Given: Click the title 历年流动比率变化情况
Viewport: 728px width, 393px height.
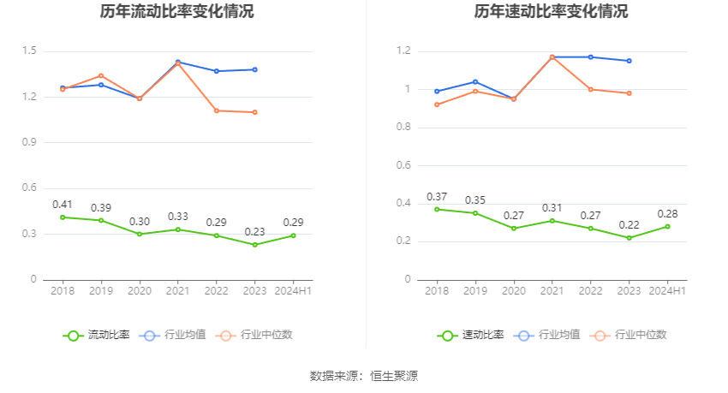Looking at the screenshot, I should pyautogui.click(x=176, y=12).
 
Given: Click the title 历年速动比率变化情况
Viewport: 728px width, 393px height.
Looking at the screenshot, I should pyautogui.click(x=551, y=12).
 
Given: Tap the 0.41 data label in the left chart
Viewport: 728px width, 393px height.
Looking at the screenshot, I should pyautogui.click(x=63, y=205).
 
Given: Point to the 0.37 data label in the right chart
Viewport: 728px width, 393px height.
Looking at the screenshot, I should pyautogui.click(x=437, y=197).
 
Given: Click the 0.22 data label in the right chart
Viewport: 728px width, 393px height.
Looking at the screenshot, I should pyautogui.click(x=630, y=225).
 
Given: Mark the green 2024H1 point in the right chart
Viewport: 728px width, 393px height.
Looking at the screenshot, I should pyautogui.click(x=668, y=226).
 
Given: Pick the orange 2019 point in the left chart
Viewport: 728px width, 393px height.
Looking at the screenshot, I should pyautogui.click(x=101, y=75).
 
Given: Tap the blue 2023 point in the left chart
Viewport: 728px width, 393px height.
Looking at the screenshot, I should pyautogui.click(x=255, y=69).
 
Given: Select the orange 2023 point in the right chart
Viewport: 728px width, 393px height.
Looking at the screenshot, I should pyautogui.click(x=630, y=93).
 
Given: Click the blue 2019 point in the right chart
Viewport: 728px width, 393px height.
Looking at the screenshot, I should pyautogui.click(x=475, y=82).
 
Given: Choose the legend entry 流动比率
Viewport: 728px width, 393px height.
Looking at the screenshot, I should pyautogui.click(x=97, y=335).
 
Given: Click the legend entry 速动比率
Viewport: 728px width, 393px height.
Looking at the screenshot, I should pyautogui.click(x=471, y=335).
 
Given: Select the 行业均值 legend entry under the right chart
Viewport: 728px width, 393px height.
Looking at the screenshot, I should pyautogui.click(x=547, y=335).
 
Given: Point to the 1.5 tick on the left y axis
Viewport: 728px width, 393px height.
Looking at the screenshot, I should pyautogui.click(x=29, y=51).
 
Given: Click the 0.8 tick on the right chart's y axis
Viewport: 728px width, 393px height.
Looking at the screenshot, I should pyautogui.click(x=403, y=128).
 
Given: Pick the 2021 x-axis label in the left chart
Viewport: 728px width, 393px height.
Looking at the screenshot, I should pyautogui.click(x=178, y=291).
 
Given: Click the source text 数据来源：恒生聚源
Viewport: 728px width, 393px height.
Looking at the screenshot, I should pyautogui.click(x=364, y=376).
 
